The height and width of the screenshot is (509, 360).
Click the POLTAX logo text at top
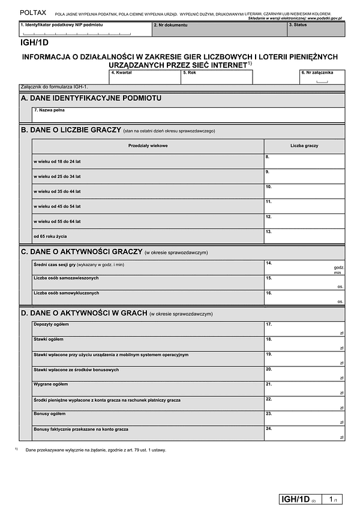point(32,12)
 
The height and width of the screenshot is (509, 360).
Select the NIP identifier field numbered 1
point(85,29)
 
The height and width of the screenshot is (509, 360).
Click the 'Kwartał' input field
point(145,77)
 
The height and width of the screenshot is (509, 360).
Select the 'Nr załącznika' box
point(322,77)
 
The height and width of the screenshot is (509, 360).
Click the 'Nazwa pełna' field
point(188,114)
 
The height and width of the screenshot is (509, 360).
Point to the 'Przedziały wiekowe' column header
point(148,146)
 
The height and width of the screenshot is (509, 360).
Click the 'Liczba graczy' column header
point(304,146)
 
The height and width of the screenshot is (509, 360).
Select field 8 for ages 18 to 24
point(304,161)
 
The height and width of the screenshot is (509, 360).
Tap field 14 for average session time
point(304,267)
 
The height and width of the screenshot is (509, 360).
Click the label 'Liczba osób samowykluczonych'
point(67,293)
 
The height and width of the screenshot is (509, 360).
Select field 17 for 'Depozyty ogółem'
point(304,329)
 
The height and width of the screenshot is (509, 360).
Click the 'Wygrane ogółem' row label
point(51,384)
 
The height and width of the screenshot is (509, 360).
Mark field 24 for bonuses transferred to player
point(304,433)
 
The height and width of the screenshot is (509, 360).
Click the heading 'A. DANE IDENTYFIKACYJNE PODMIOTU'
point(91,98)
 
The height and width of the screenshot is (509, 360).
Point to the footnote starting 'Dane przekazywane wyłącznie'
point(96,450)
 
